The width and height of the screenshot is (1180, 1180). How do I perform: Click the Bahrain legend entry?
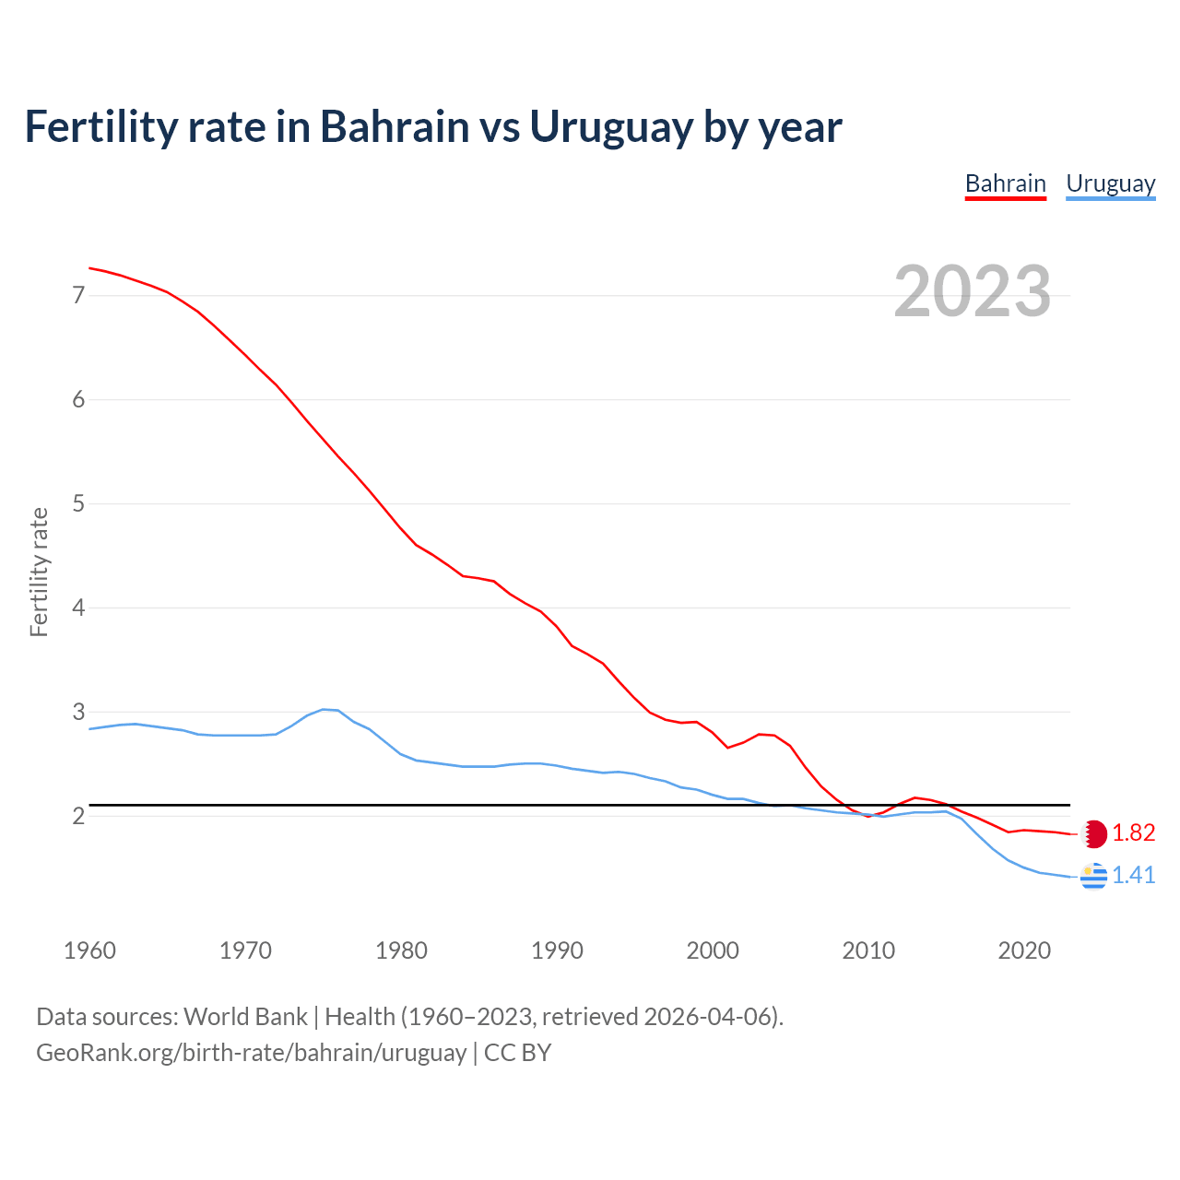tap(1005, 184)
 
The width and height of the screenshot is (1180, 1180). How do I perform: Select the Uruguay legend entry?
tap(1110, 184)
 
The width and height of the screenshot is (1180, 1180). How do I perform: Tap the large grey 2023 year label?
tap(972, 291)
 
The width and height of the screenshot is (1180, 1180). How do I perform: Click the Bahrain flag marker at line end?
tap(1094, 833)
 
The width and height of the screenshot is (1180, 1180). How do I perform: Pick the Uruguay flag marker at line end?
tap(1093, 876)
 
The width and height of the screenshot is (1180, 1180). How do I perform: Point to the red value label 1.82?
tap(1133, 833)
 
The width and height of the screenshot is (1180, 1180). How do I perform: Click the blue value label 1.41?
tap(1133, 876)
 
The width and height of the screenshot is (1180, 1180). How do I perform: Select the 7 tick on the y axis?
tap(78, 296)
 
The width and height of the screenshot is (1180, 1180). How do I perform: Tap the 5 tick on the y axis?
tap(78, 504)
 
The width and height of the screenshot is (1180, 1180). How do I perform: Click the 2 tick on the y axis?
tap(78, 817)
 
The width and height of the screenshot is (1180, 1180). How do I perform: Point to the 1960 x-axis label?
tap(89, 950)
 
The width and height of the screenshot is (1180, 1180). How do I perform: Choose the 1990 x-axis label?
tap(557, 950)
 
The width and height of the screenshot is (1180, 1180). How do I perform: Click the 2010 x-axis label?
tap(868, 950)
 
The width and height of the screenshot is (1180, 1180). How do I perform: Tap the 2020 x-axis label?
tap(1024, 950)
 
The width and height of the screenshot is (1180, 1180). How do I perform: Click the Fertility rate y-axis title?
tap(39, 572)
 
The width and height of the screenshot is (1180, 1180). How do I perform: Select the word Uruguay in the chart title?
tap(609, 127)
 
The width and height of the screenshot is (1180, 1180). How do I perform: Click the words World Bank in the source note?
tap(245, 1017)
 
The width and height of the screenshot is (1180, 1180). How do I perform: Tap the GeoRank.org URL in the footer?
tap(251, 1053)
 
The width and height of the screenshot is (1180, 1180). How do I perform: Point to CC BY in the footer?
tap(517, 1053)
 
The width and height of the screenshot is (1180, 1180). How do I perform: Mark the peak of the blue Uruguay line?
tap(324, 709)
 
